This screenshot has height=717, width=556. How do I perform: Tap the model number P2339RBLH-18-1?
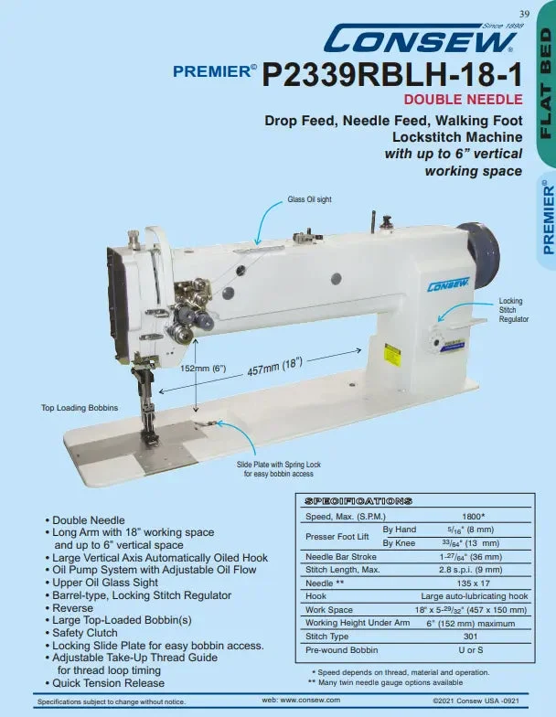coord(392,75)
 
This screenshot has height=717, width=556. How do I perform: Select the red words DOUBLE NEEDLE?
coord(463,99)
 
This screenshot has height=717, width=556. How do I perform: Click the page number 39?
coord(525,14)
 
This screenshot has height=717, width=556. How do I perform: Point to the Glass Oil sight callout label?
coord(309,199)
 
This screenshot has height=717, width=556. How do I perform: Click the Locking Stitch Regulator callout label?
coord(514,310)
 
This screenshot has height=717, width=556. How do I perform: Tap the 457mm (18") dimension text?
coord(274,368)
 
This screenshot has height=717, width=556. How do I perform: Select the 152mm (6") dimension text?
coord(203,368)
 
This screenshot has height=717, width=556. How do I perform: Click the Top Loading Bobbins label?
coord(80,408)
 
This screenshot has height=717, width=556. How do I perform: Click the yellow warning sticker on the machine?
coord(392,355)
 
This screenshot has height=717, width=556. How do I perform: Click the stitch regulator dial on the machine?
coord(437,343)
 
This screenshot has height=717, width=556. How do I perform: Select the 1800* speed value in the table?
coord(474,516)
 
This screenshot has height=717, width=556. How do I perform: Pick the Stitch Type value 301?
coord(470,637)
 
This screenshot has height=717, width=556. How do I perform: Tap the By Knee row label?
coord(399,543)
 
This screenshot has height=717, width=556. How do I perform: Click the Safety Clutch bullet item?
coord(81,633)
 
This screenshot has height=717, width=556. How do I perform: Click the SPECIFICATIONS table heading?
coord(358,501)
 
